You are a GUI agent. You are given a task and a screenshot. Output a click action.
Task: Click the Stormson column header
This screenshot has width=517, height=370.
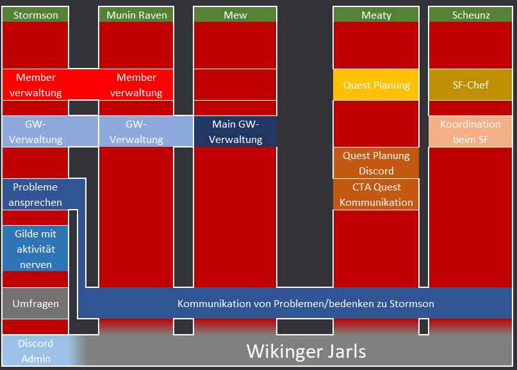point(35,15)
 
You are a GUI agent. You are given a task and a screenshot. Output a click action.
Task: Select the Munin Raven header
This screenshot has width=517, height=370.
point(136,15)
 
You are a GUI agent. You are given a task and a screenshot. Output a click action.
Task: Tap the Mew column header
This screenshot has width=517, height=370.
point(235,15)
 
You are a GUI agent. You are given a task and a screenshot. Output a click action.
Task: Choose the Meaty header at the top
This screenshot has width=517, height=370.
point(376,15)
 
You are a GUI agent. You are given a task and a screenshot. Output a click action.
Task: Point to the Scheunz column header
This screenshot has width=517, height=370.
point(470,15)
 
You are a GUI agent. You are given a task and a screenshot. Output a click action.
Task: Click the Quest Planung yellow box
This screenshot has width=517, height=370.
point(376,85)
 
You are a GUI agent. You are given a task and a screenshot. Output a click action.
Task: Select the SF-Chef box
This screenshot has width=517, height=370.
point(470,85)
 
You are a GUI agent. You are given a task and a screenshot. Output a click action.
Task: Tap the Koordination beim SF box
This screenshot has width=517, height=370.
point(470,131)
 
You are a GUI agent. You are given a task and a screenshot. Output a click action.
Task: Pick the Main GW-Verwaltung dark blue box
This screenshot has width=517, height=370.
point(235,131)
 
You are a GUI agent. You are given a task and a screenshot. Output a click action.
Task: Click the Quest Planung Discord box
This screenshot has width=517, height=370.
point(376,163)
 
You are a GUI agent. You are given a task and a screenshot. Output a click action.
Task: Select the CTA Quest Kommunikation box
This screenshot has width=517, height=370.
point(376,194)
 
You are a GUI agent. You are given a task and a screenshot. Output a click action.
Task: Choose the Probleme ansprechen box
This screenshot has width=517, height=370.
point(35,194)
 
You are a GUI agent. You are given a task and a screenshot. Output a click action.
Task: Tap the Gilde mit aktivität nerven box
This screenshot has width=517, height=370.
point(35,249)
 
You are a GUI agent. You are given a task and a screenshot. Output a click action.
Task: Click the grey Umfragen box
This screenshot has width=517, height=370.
point(35,303)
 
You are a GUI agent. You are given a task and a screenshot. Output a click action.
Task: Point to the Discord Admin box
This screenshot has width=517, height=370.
point(35,351)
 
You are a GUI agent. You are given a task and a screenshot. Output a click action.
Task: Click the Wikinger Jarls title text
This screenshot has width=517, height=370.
point(306,351)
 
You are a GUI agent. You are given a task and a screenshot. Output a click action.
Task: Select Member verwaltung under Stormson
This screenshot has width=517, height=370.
point(35,85)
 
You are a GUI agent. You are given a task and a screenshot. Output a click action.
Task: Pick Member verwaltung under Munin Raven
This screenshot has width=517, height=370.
point(136,85)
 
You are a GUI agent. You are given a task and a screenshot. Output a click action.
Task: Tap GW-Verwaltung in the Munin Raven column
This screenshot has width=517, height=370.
point(136,131)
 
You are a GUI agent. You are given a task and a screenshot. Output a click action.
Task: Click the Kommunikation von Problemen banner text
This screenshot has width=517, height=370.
point(306,303)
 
